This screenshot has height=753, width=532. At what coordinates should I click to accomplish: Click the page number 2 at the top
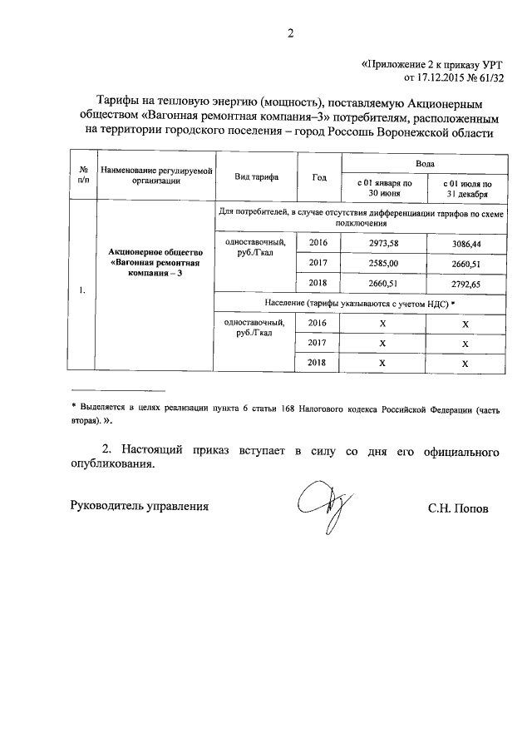click(x=291, y=34)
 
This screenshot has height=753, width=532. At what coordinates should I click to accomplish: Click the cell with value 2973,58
click(x=382, y=242)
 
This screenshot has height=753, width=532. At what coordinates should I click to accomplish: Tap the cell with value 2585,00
click(x=382, y=263)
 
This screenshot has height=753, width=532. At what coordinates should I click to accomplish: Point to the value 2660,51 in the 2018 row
click(x=382, y=284)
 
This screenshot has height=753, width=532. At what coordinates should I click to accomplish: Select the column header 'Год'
click(x=319, y=177)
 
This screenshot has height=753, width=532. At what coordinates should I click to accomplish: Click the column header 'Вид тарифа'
click(x=257, y=177)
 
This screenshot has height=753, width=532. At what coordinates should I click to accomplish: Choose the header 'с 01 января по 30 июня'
click(x=383, y=187)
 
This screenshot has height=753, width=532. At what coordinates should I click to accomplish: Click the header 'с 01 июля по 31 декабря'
click(x=465, y=187)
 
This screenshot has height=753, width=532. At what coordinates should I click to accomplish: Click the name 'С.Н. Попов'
click(x=459, y=507)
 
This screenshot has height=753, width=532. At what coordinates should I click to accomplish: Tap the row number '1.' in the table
click(x=81, y=290)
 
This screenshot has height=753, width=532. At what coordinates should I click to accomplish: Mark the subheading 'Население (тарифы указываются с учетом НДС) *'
click(x=360, y=304)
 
